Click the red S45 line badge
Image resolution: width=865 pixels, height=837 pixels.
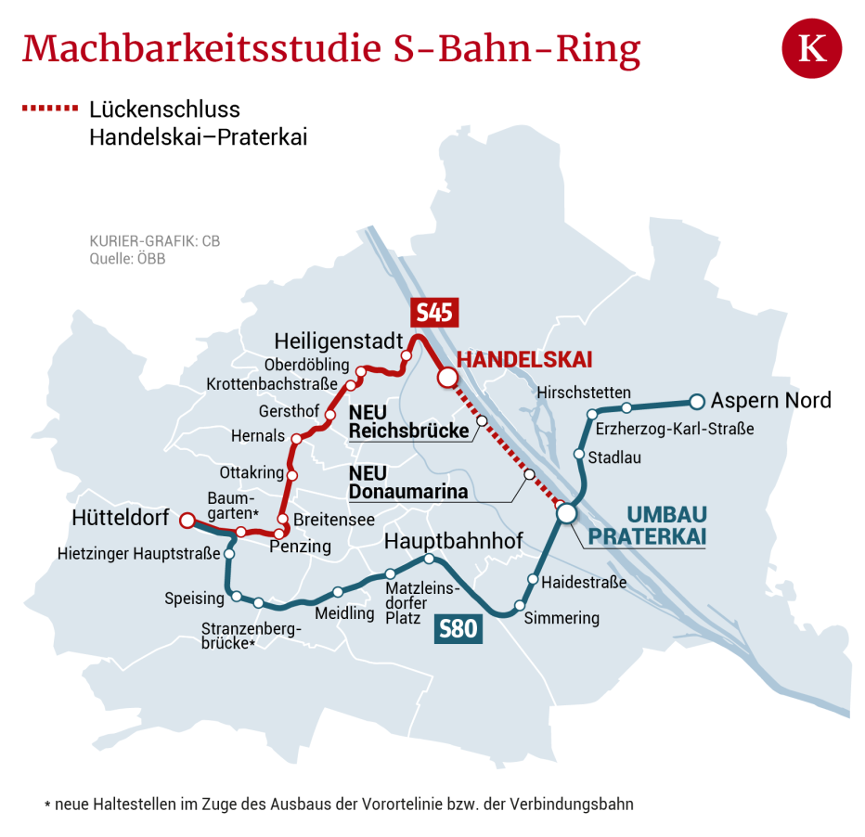(434, 313)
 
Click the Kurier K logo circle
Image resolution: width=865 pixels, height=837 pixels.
(812, 48)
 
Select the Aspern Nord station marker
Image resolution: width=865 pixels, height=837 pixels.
(697, 402)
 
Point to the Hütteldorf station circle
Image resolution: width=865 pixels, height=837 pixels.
(187, 521)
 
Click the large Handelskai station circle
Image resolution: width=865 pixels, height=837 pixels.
(447, 378)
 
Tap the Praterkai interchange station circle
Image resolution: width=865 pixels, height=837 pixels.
(566, 512)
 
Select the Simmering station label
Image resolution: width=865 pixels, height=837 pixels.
(562, 618)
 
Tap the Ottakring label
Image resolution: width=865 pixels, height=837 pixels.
(252, 473)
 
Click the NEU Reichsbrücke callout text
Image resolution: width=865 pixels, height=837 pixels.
(408, 422)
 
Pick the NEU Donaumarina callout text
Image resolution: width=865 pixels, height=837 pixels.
(407, 483)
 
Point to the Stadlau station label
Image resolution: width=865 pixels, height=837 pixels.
(614, 457)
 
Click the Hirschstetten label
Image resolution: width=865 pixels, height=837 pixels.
(584, 393)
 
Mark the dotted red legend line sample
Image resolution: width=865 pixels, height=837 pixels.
(50, 109)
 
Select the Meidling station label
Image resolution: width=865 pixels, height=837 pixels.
(344, 613)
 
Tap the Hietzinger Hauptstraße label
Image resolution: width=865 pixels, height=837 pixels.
(138, 554)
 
